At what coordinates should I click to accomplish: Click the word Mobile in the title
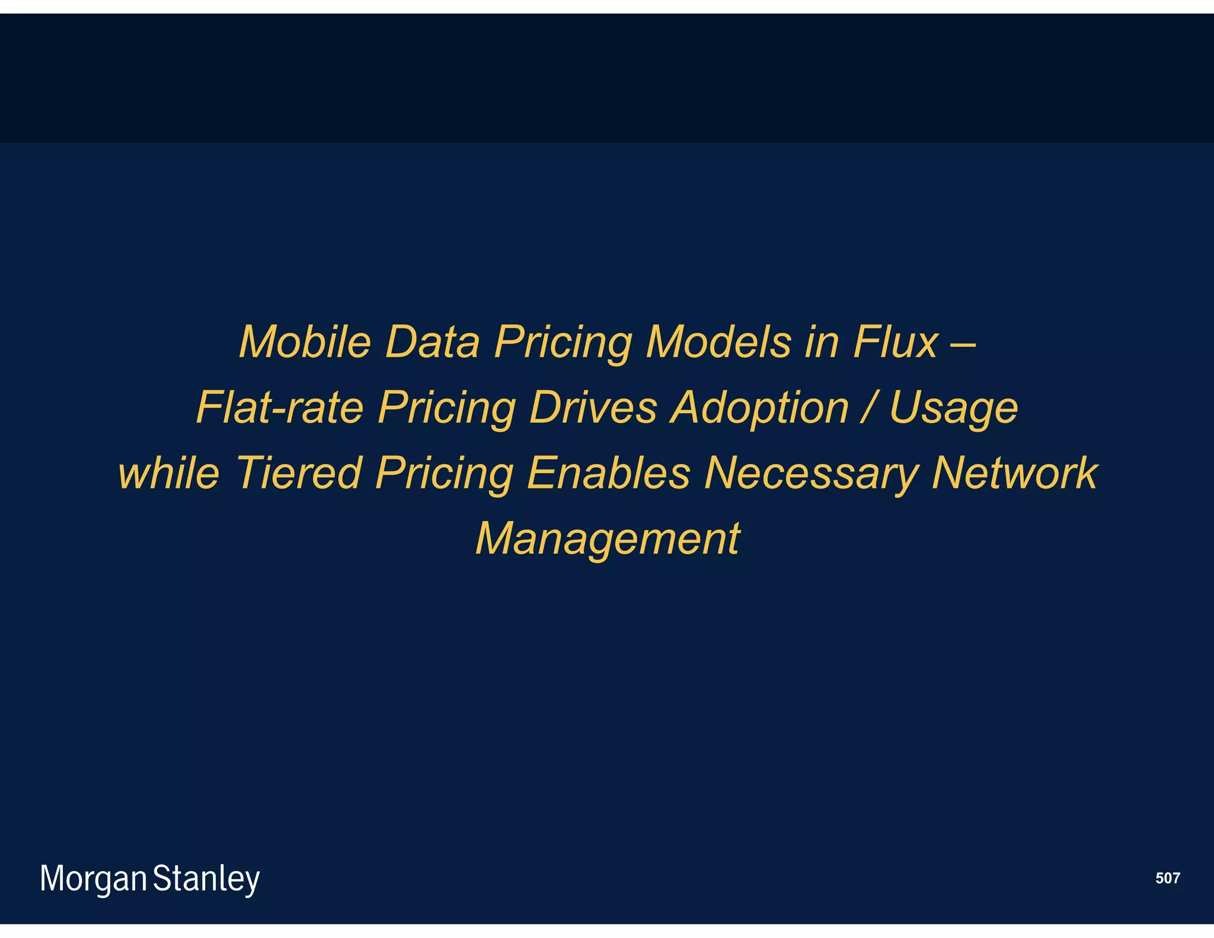point(305,342)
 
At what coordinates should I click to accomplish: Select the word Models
point(718,342)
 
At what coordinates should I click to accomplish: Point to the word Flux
point(896,342)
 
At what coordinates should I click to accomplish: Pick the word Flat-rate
point(279,408)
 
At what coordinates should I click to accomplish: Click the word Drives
point(593,408)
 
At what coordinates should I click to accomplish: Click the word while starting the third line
point(169,473)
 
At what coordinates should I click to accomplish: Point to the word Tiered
point(299,473)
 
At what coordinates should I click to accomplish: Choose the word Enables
point(609,473)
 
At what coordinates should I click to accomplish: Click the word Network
point(1014,473)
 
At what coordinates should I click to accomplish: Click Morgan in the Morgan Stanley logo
point(93,879)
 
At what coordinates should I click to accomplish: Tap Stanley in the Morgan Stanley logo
point(206,879)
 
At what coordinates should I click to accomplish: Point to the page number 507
point(1167,878)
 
